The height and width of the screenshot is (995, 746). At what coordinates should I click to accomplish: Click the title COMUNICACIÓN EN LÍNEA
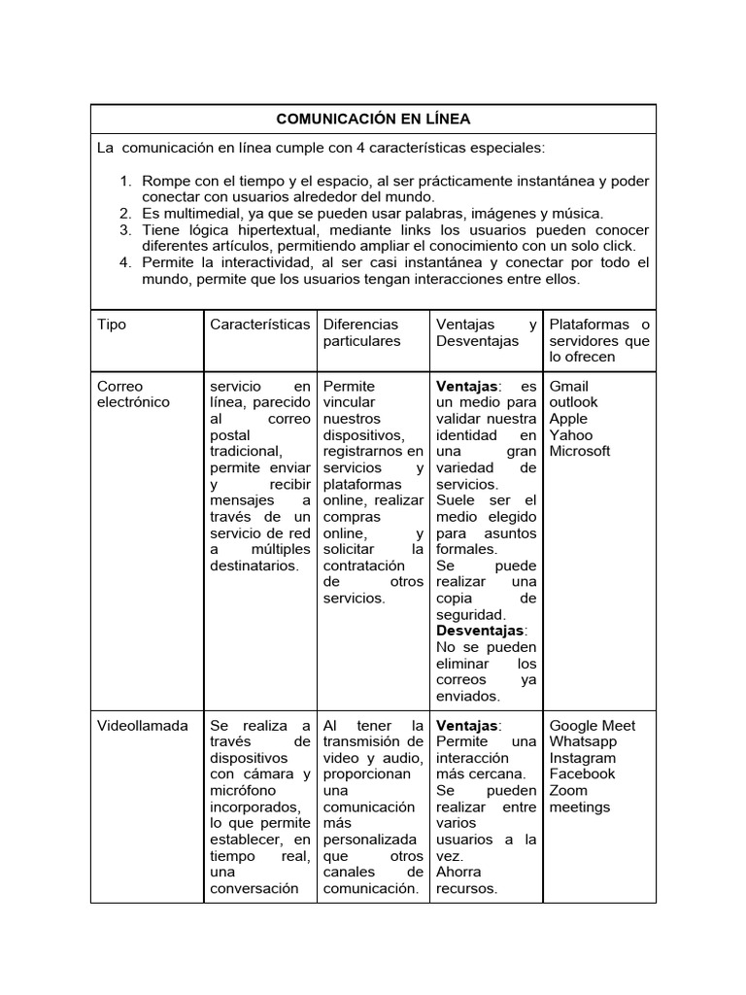pyautogui.click(x=373, y=119)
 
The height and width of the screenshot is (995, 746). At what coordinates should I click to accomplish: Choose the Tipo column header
pyautogui.click(x=112, y=325)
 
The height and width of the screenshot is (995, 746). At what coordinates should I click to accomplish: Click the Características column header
pyautogui.click(x=259, y=325)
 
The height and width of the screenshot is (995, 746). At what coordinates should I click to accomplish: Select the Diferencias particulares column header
pyautogui.click(x=361, y=332)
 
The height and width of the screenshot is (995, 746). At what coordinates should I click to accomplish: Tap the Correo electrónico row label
pyautogui.click(x=133, y=394)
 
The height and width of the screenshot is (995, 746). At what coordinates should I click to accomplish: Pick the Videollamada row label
pyautogui.click(x=143, y=726)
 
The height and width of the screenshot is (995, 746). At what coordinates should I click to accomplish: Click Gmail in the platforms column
pyautogui.click(x=569, y=386)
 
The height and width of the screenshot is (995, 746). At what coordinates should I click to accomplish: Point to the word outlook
pyautogui.click(x=573, y=402)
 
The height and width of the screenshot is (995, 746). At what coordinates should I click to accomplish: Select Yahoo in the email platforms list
pyautogui.click(x=570, y=435)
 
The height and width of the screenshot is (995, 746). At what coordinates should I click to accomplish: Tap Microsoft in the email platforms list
pyautogui.click(x=580, y=451)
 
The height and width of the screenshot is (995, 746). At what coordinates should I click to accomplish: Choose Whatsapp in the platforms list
pyautogui.click(x=583, y=741)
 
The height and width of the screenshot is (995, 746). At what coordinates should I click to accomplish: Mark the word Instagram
pyautogui.click(x=583, y=758)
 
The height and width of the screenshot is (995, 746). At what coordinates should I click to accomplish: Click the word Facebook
pyautogui.click(x=582, y=774)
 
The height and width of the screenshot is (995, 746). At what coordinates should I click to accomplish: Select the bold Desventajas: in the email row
pyautogui.click(x=482, y=631)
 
